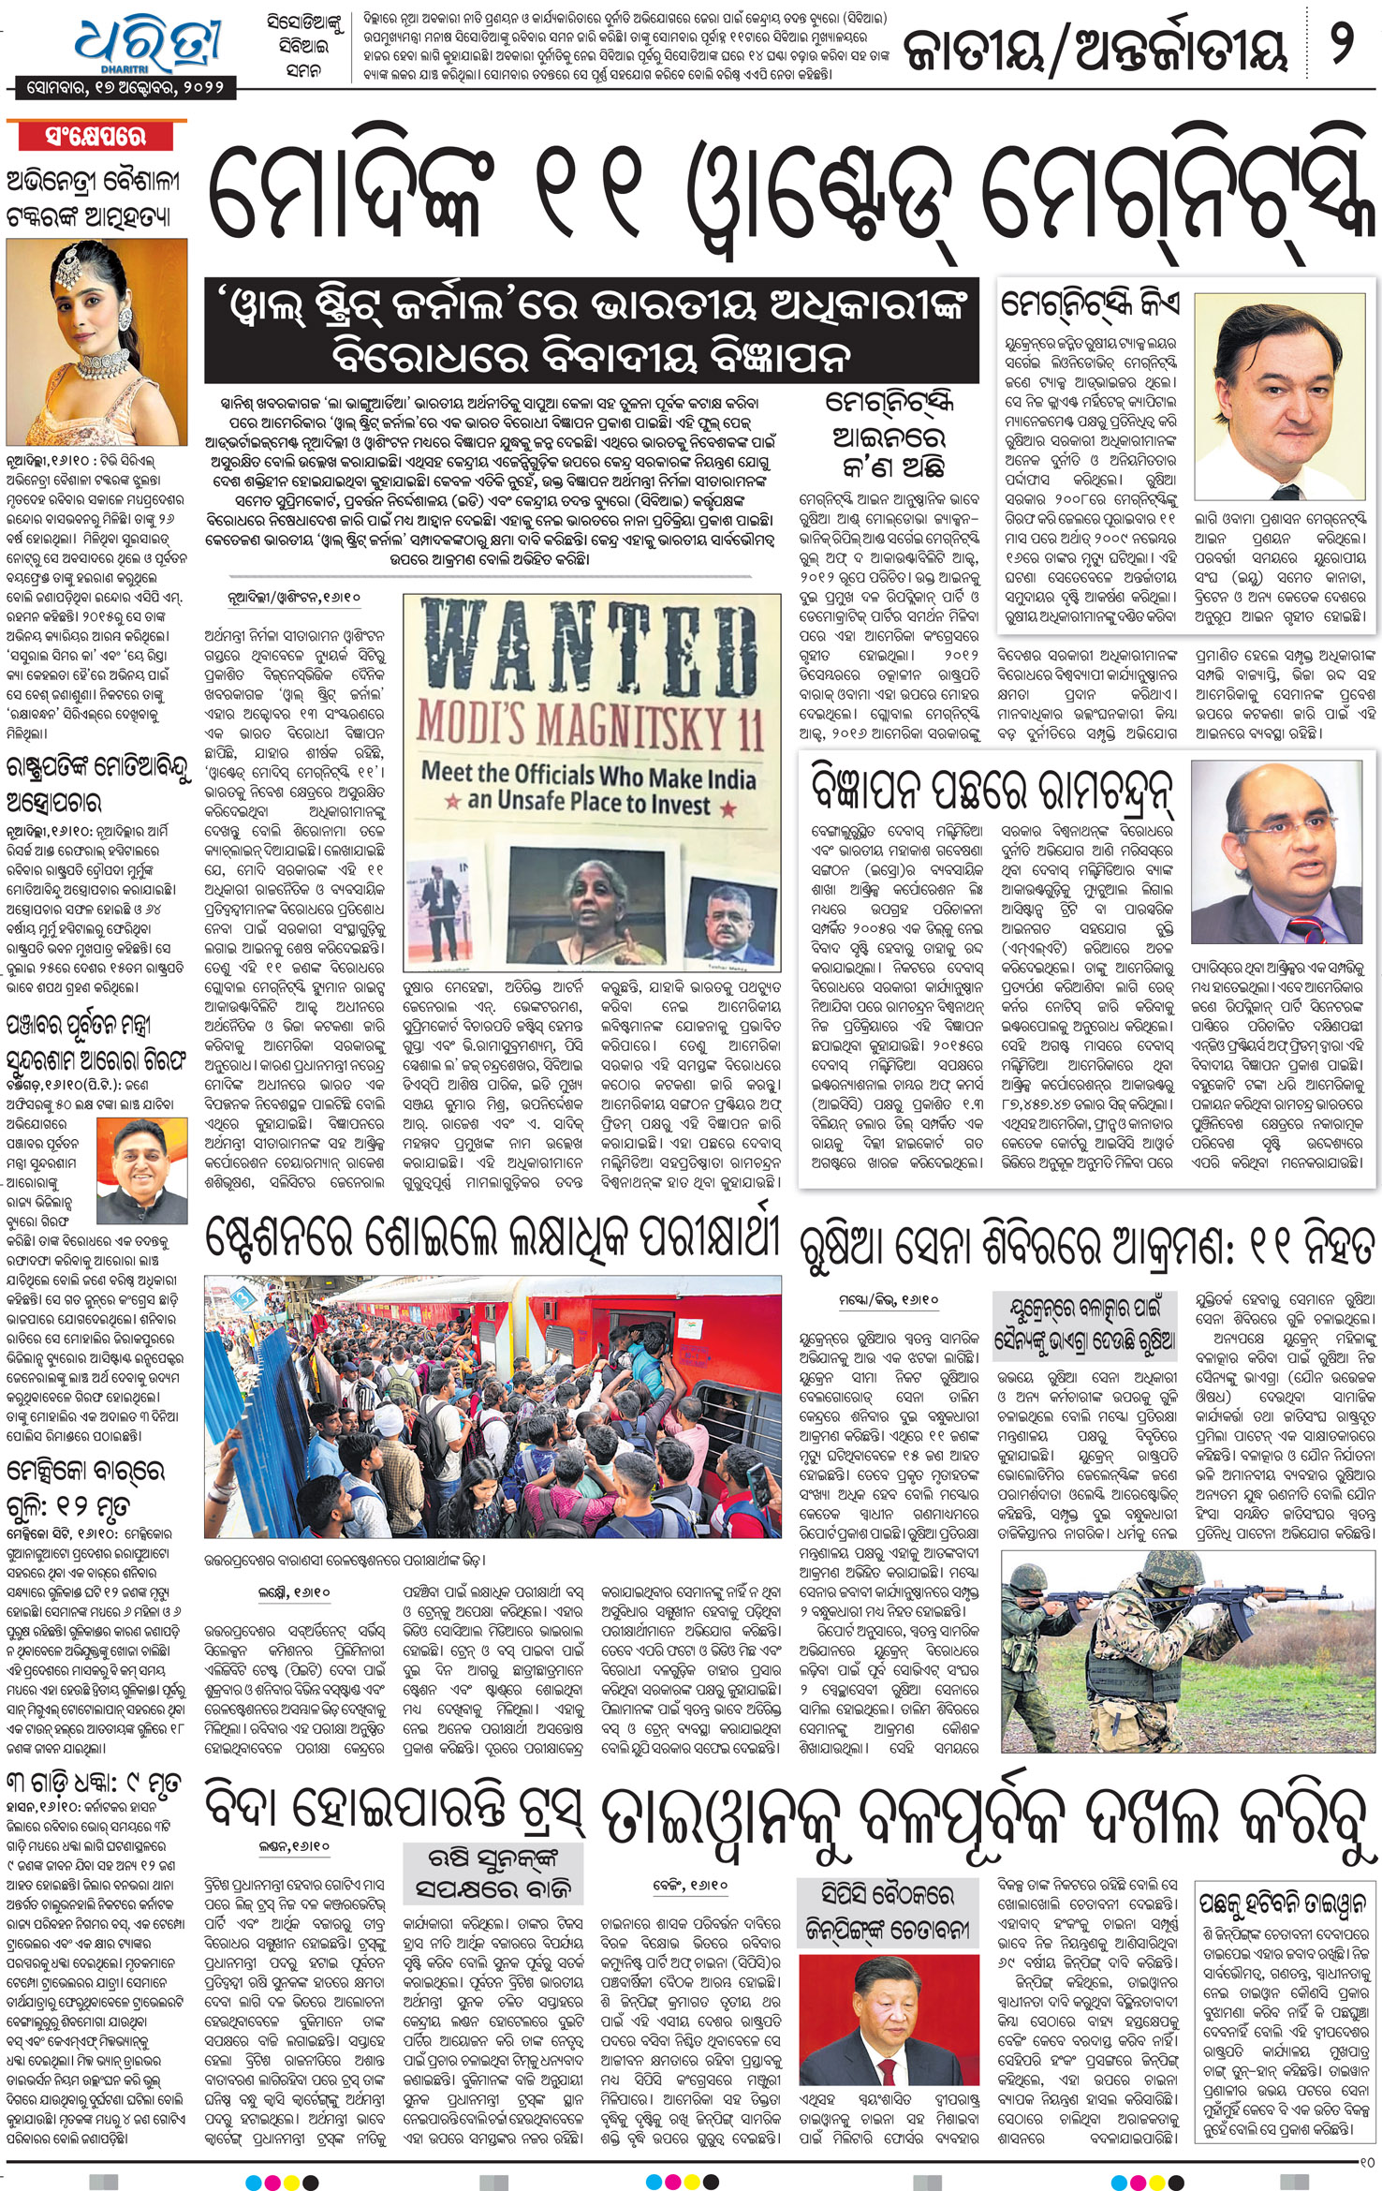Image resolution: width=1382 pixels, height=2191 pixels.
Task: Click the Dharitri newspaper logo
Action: (150, 42)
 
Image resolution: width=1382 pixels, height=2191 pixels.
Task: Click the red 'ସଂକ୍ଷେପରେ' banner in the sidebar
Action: (96, 137)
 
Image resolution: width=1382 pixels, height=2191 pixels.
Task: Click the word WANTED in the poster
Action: (590, 646)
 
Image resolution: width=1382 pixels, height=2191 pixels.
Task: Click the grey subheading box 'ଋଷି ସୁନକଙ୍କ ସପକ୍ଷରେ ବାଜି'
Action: (493, 1873)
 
